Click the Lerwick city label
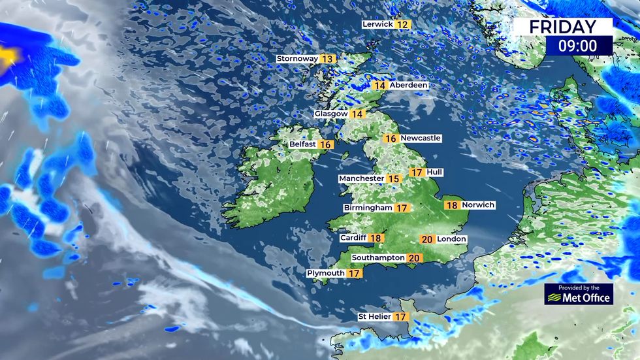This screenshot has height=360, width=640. [377, 24]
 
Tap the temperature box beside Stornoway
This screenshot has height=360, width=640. [327, 59]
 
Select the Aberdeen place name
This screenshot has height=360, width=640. [409, 85]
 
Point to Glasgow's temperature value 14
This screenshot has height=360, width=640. [357, 114]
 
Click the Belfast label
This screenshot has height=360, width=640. [303, 144]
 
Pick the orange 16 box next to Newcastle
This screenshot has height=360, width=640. [391, 139]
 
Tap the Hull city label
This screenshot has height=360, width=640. [434, 172]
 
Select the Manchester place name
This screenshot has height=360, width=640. [361, 178]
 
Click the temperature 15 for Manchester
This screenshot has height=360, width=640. [393, 178]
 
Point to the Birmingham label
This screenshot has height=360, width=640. [368, 208]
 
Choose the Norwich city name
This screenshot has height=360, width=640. [478, 205]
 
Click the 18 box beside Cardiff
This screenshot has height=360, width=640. [376, 238]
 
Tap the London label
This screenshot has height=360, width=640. [451, 239]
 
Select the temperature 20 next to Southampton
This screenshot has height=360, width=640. [414, 258]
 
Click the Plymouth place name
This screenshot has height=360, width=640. [326, 273]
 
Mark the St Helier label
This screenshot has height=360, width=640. [374, 316]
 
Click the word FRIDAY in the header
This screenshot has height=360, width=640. [562, 27]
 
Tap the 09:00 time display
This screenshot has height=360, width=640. [578, 46]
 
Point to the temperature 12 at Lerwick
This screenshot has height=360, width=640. [402, 24]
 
